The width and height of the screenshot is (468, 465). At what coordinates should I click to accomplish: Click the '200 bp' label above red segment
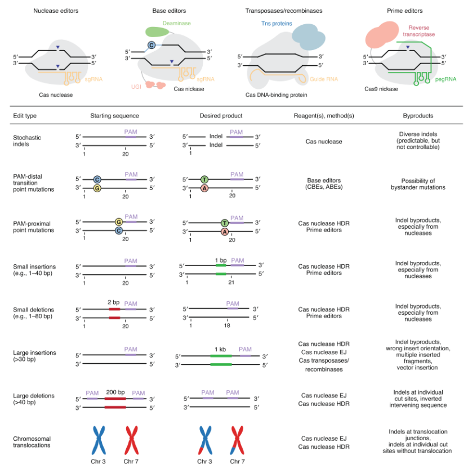115,391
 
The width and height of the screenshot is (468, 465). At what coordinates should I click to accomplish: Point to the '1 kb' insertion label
220,349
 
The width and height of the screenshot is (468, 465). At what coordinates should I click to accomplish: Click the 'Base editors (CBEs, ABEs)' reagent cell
320,184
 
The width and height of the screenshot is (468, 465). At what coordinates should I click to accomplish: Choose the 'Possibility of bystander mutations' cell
418,184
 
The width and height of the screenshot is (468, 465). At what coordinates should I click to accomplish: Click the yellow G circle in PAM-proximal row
118,222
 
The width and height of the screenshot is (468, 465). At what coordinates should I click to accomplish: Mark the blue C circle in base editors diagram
151,44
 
